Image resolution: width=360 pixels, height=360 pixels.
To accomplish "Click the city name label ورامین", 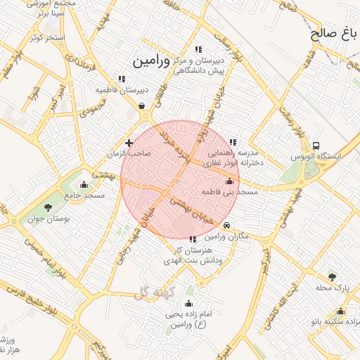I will [x=150, y=61].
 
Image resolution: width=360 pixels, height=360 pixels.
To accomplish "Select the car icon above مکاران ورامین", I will [x=226, y=225].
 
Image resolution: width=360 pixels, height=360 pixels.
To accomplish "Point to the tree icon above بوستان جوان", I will [x=48, y=207].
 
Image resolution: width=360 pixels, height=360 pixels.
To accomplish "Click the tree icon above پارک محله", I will [x=332, y=276].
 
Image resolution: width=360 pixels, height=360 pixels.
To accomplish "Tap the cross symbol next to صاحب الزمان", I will [x=129, y=143].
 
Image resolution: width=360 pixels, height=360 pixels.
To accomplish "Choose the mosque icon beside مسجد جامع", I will [x=84, y=185].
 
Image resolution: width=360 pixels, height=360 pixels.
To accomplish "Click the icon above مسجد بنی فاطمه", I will [x=229, y=181].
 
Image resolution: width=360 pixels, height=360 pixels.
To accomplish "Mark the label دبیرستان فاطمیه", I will [x=122, y=90].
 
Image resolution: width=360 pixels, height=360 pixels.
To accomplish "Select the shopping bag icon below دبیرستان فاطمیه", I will [x=143, y=106].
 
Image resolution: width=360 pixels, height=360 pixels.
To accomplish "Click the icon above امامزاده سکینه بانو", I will [x=341, y=311].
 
